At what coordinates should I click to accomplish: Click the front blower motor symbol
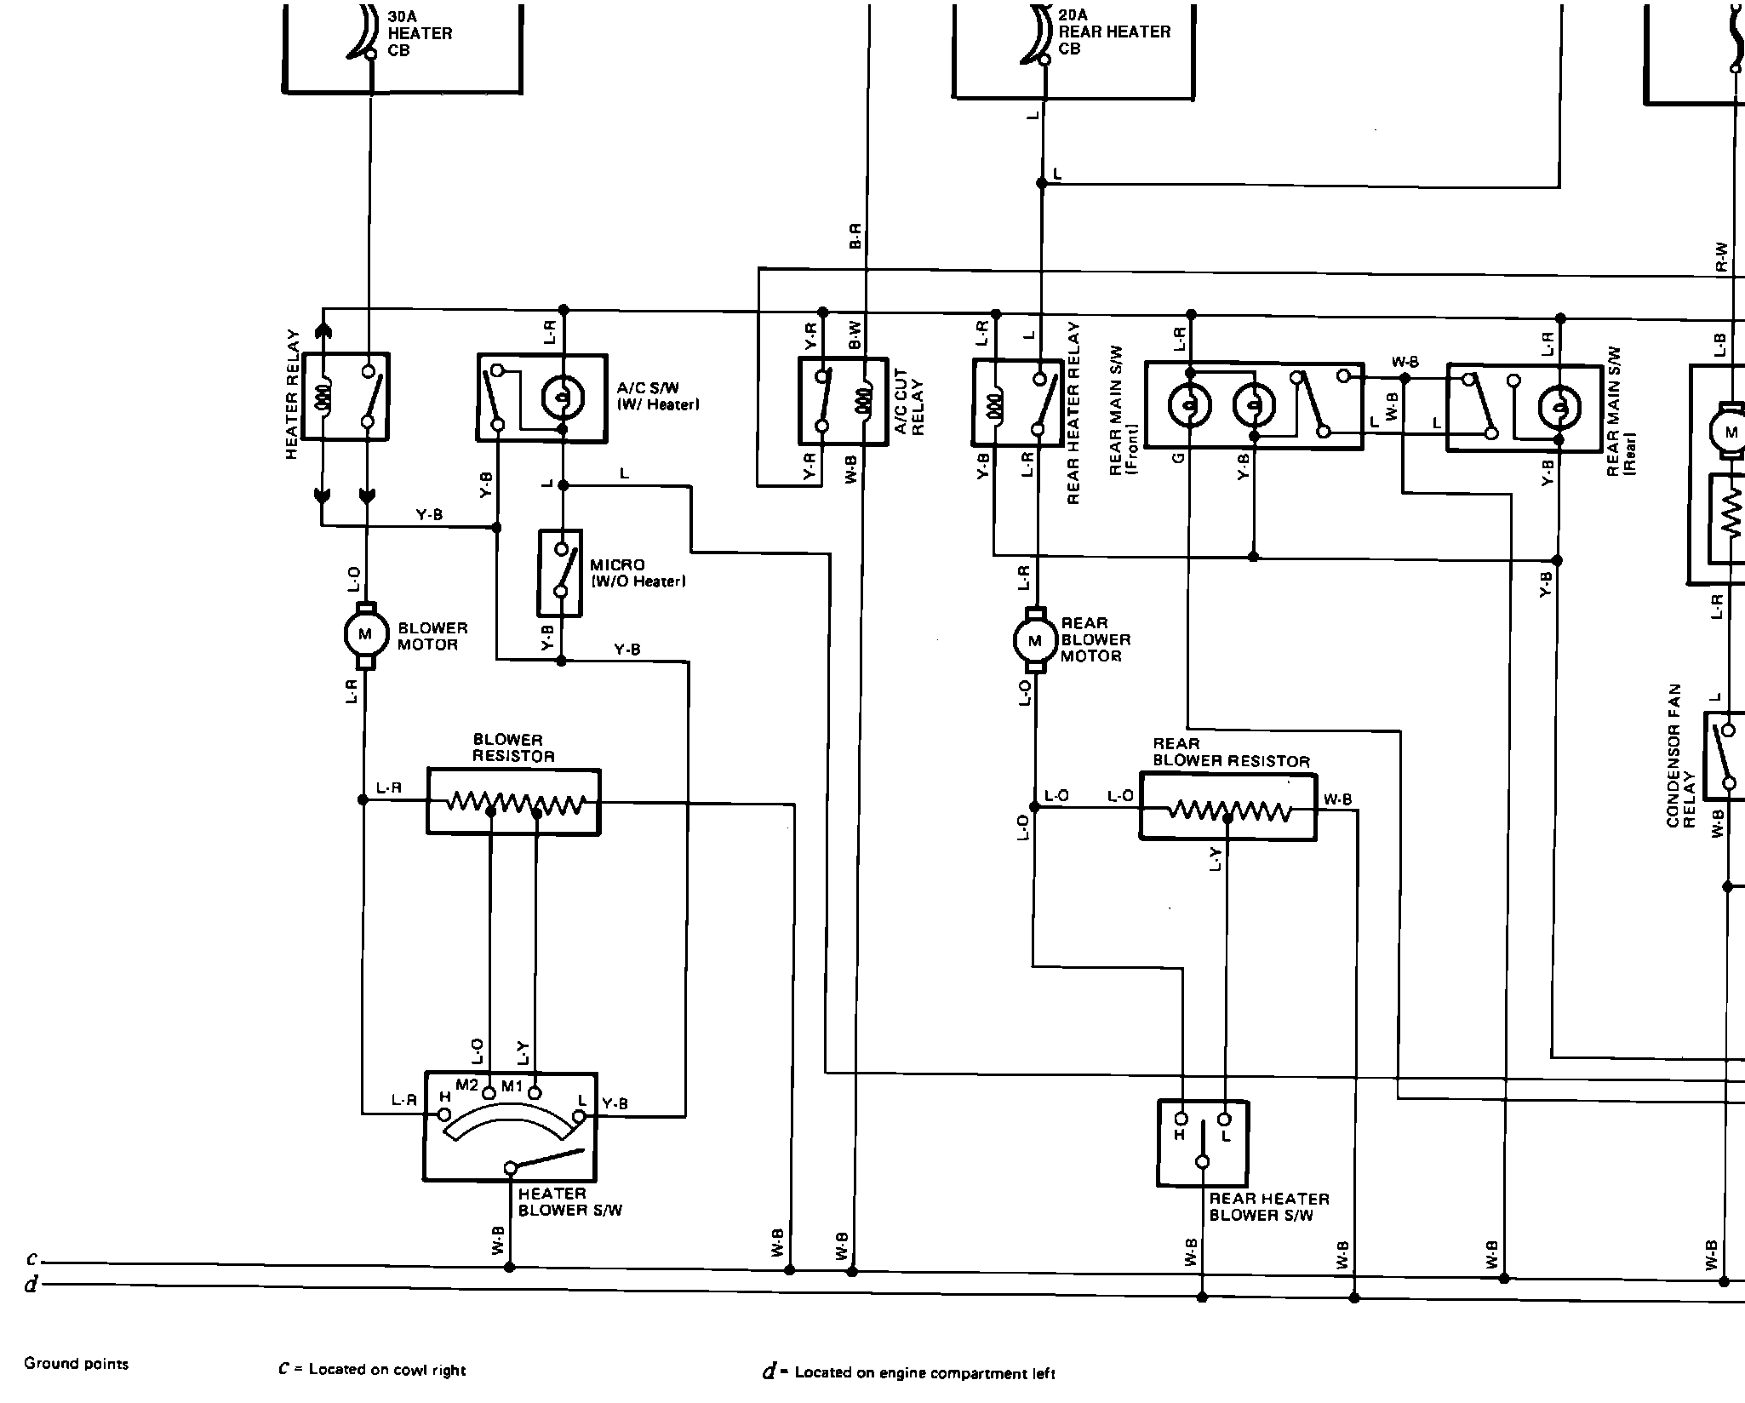(365, 634)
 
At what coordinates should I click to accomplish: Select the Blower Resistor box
(513, 802)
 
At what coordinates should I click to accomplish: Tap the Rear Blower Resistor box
(1227, 807)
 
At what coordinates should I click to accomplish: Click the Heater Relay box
(346, 397)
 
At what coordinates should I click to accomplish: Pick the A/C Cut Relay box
(843, 401)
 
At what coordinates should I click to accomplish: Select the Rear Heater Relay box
(1017, 403)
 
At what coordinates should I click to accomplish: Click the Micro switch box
(560, 572)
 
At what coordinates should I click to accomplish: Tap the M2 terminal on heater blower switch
(489, 1093)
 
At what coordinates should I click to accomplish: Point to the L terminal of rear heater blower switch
(1225, 1120)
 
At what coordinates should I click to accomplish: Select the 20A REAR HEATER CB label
(1113, 32)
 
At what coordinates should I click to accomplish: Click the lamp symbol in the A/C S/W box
(562, 397)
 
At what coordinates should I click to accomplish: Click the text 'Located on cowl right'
(386, 1369)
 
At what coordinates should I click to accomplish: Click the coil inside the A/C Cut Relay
(865, 400)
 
